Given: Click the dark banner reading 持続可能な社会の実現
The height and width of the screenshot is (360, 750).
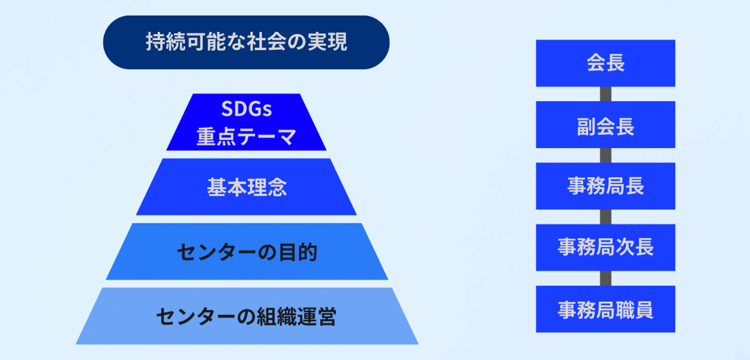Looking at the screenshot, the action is pyautogui.click(x=246, y=42).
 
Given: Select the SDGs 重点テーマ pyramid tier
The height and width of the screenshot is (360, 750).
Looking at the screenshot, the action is pyautogui.click(x=246, y=122).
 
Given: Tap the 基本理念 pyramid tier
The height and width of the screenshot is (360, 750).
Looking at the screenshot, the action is pyautogui.click(x=246, y=187).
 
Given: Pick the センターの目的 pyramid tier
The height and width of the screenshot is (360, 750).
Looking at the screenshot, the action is pyautogui.click(x=247, y=251).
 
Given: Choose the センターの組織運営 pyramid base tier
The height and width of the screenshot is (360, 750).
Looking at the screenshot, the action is pyautogui.click(x=247, y=316).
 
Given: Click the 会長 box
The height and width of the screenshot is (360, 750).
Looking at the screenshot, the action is pyautogui.click(x=605, y=63).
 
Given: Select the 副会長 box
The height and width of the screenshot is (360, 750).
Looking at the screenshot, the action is pyautogui.click(x=605, y=125).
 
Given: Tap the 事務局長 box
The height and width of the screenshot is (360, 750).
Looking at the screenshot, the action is pyautogui.click(x=605, y=186).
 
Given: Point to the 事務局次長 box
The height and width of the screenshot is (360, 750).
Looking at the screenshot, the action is pyautogui.click(x=605, y=247).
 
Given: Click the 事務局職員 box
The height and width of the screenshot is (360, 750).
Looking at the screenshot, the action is pyautogui.click(x=605, y=309).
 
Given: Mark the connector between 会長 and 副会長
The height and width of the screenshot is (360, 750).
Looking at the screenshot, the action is pyautogui.click(x=605, y=94).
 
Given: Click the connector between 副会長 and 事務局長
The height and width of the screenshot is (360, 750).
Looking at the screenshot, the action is pyautogui.click(x=605, y=155).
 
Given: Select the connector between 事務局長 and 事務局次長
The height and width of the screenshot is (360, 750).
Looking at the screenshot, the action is pyautogui.click(x=605, y=217).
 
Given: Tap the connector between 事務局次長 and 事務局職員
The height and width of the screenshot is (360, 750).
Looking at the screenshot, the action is pyautogui.click(x=605, y=278).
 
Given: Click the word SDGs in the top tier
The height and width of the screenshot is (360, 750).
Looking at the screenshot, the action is pyautogui.click(x=247, y=109).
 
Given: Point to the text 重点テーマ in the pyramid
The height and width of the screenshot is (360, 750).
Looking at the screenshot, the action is pyautogui.click(x=247, y=137).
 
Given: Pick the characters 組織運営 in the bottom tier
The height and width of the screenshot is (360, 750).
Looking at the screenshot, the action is pyautogui.click(x=296, y=316).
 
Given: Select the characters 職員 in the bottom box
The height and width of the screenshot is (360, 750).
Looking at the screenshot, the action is pyautogui.click(x=634, y=310).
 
